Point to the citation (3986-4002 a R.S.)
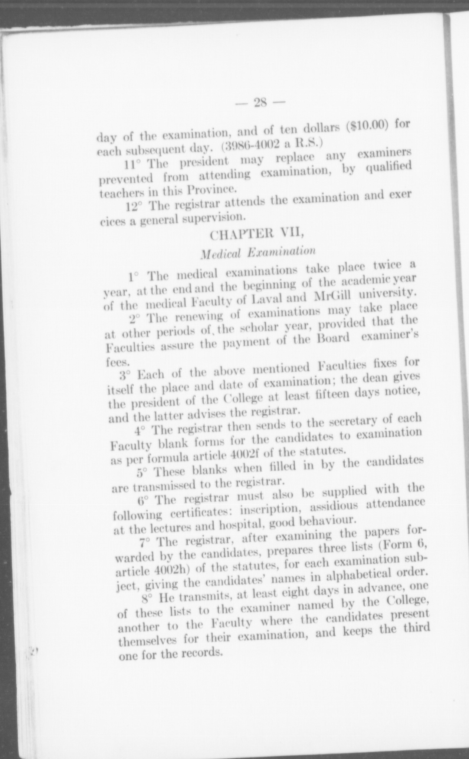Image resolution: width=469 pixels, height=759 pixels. coord(272,146)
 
